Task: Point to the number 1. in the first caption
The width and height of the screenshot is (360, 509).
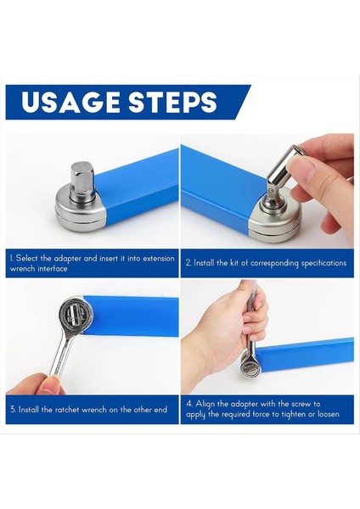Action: pos(12,258)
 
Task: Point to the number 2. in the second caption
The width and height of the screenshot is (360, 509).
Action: pos(188,263)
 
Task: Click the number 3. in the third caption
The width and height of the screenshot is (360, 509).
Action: pos(13,409)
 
